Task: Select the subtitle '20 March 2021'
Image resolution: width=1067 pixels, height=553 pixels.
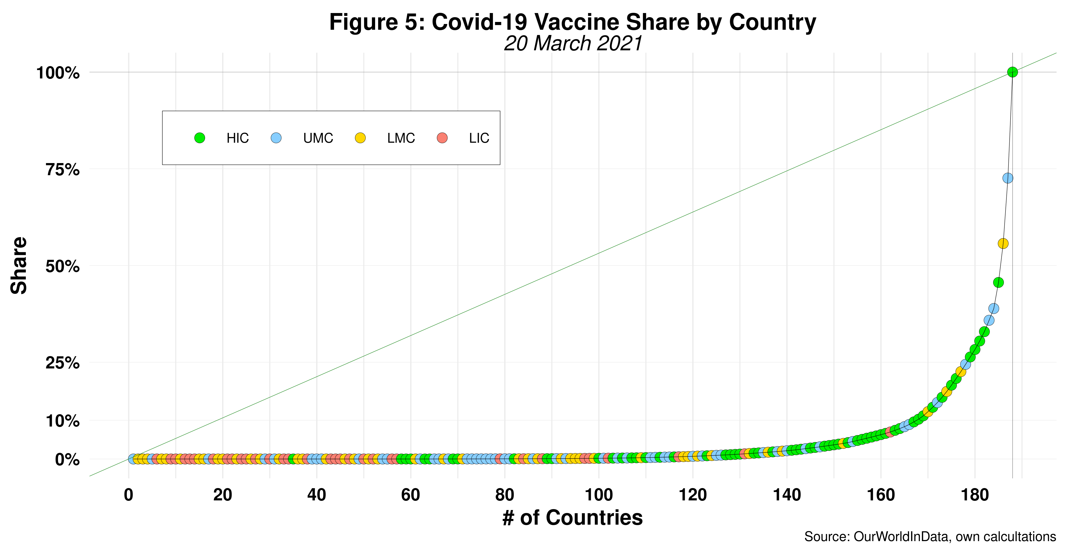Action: click(572, 43)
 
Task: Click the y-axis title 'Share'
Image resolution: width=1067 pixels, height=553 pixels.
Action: click(19, 266)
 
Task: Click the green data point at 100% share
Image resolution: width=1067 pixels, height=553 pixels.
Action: click(1012, 72)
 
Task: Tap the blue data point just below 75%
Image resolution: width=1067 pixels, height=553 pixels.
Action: click(1008, 178)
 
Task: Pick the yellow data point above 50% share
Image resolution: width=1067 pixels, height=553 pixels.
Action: click(1003, 243)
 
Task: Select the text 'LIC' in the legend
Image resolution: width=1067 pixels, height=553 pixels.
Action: click(479, 138)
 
